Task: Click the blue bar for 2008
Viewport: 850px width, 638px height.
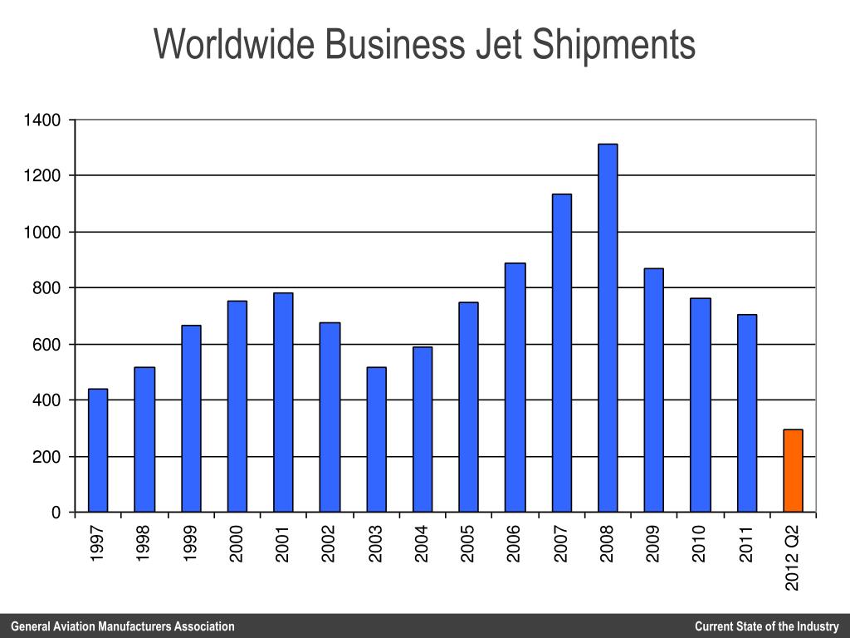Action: pyautogui.click(x=608, y=328)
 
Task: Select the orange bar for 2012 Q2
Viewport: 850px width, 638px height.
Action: pyautogui.click(x=793, y=470)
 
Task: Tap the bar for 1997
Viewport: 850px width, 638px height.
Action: pyautogui.click(x=98, y=450)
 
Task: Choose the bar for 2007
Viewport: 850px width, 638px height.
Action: pyautogui.click(x=561, y=353)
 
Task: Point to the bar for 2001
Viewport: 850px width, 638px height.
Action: pyautogui.click(x=283, y=402)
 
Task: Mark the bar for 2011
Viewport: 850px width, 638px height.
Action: pyautogui.click(x=746, y=413)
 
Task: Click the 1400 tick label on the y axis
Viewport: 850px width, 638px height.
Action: pyautogui.click(x=42, y=120)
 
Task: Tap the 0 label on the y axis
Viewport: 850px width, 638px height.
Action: pyautogui.click(x=56, y=513)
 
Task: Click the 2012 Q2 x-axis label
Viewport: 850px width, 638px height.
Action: pyautogui.click(x=793, y=557)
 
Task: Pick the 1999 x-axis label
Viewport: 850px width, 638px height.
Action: pyautogui.click(x=191, y=544)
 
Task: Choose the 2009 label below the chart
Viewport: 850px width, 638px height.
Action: pyautogui.click(x=654, y=544)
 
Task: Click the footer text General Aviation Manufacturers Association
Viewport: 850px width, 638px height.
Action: pyautogui.click(x=123, y=626)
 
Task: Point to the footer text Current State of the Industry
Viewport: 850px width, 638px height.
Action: pyautogui.click(x=767, y=626)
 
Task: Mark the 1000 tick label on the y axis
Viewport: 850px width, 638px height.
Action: pyautogui.click(x=42, y=233)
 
